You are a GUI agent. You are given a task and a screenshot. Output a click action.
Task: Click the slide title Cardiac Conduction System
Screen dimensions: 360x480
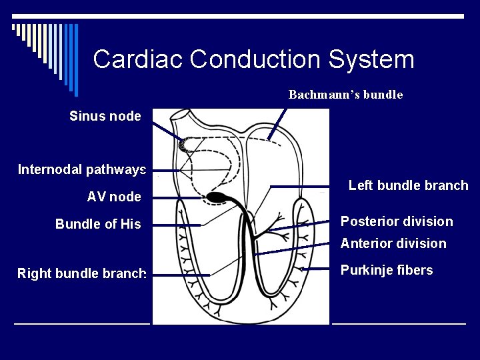pos(253,59)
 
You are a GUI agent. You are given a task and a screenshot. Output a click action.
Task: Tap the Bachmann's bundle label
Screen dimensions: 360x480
pos(345,95)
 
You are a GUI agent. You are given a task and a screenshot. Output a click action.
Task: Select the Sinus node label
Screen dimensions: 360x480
pos(105,116)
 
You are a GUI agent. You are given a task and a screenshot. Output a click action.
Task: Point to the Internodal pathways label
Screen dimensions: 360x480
pos(81,169)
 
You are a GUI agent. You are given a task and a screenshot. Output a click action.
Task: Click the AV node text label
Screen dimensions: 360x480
pos(113,197)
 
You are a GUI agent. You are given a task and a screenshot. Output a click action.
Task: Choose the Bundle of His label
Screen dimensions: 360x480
pos(98,224)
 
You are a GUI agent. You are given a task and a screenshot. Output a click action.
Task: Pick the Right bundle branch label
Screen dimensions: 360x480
pos(81,273)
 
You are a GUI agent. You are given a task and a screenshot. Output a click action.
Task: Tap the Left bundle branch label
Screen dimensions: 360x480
pos(408,185)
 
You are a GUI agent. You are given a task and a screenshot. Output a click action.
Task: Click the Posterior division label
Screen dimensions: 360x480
pos(397,221)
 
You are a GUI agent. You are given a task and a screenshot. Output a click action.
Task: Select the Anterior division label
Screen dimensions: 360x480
pos(393,243)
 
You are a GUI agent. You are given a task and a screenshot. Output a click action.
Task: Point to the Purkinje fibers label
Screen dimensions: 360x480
pos(387,271)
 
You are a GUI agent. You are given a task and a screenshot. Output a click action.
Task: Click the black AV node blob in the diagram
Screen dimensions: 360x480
pos(217,197)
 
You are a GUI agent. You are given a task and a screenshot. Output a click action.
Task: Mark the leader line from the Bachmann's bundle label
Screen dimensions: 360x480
pos(279,121)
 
